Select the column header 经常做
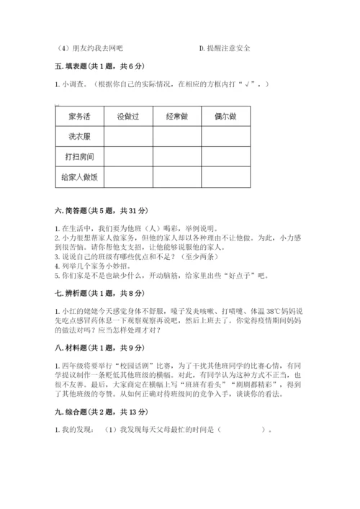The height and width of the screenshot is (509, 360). pyautogui.click(x=176, y=115)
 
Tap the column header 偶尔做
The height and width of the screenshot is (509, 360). pyautogui.click(x=225, y=115)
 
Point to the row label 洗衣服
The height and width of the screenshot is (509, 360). pyautogui.click(x=80, y=135)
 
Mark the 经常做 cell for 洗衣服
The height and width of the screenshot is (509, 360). pyautogui.click(x=176, y=135)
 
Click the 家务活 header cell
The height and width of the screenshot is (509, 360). pyautogui.click(x=80, y=115)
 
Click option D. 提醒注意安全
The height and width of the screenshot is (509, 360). pyautogui.click(x=225, y=48)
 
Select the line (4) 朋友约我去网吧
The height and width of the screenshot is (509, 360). pyautogui.click(x=89, y=48)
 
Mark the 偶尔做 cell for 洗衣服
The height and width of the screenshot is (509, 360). pyautogui.click(x=225, y=135)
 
